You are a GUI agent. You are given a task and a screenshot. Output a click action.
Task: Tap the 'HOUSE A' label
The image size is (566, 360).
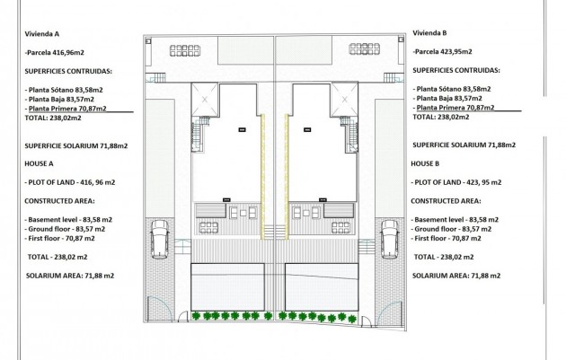(x=41, y=165)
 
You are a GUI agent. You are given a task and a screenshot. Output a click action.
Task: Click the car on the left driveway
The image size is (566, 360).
(x=158, y=239)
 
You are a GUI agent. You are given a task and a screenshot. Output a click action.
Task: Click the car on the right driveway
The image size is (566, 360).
(x=390, y=239)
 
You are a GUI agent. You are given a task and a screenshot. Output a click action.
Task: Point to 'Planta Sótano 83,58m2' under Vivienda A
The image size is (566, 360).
(x=66, y=89)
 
